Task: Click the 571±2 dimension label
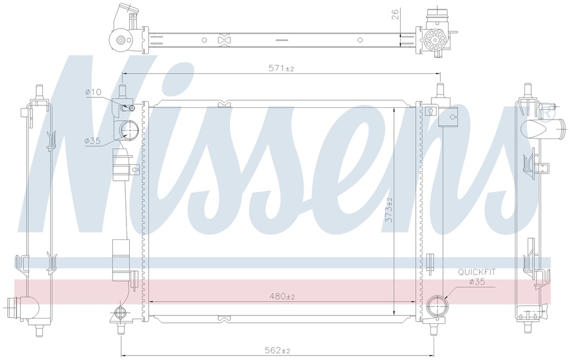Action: pos(281,68)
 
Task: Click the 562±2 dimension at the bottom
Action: pos(277,350)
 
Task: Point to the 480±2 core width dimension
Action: pos(282,297)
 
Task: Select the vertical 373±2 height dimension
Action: pos(389,215)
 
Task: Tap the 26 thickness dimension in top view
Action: pos(396,14)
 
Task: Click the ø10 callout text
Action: pos(94,92)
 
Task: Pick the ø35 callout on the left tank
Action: pos(92,141)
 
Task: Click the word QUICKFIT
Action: pos(476,272)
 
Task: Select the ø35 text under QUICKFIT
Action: pos(477,282)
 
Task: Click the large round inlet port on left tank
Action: pos(129,130)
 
